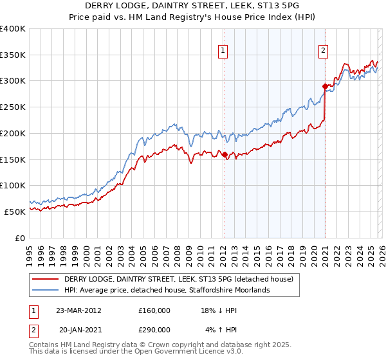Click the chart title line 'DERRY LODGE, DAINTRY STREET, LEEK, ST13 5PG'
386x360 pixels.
tap(193, 6)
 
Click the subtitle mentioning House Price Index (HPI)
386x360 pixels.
tap(193, 17)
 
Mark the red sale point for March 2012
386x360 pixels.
tap(225, 154)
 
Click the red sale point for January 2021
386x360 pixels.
tap(325, 86)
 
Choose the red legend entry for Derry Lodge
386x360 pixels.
tap(179, 279)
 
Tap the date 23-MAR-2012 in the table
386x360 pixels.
tap(78, 310)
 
